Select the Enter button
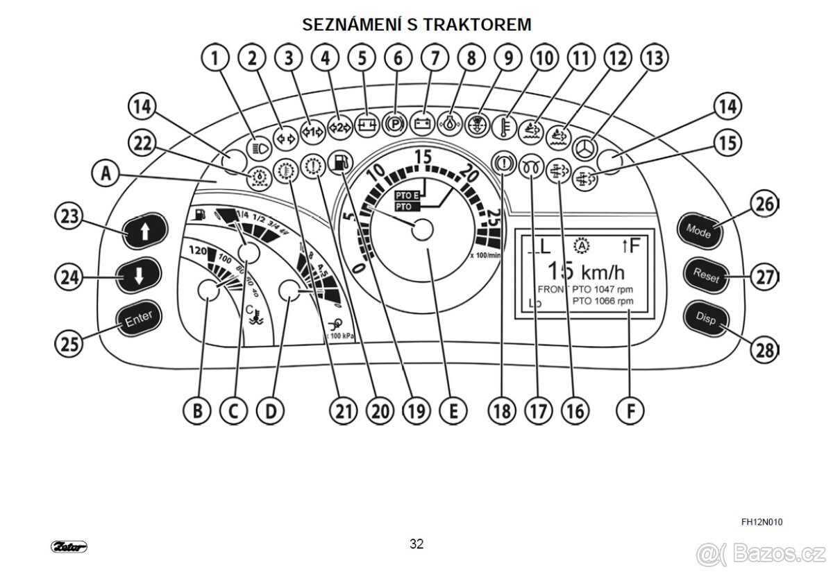click(x=138, y=318)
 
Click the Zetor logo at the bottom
click(x=69, y=546)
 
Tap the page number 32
click(x=416, y=543)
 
